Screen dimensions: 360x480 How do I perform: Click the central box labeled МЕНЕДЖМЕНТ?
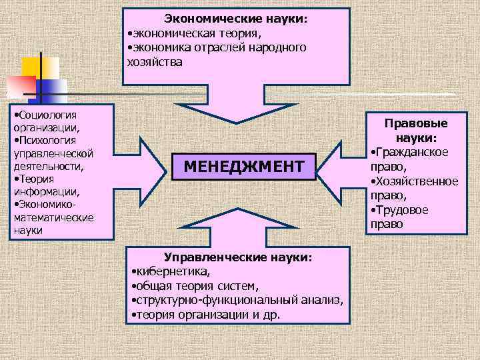click(243, 165)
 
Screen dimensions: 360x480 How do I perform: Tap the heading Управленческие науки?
click(238, 257)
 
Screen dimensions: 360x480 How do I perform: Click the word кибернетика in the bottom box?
click(172, 271)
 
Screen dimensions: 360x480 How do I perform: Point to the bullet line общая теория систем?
click(195, 286)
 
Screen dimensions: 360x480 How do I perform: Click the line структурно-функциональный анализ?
click(238, 301)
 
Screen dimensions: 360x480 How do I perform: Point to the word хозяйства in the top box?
click(154, 61)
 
